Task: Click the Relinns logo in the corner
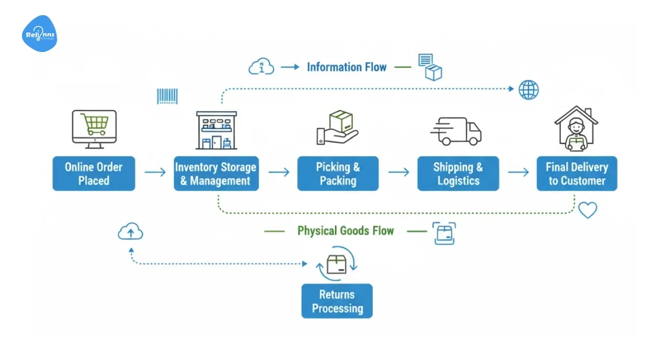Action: (x=39, y=34)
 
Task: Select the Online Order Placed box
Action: (x=94, y=174)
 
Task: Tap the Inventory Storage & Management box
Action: (x=216, y=174)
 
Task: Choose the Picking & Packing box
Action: (x=338, y=174)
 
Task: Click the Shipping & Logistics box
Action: (x=458, y=174)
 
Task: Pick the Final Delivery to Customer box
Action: (x=577, y=174)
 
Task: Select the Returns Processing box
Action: (x=337, y=301)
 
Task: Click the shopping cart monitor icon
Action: (x=94, y=129)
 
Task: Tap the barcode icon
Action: (x=167, y=96)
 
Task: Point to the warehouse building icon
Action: (x=216, y=130)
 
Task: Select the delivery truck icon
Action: (x=456, y=131)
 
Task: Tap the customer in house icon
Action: (x=576, y=129)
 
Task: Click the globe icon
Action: (x=528, y=90)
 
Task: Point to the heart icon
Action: (x=588, y=210)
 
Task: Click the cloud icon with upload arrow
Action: (x=131, y=231)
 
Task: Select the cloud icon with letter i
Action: (x=261, y=67)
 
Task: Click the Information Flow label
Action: (x=347, y=67)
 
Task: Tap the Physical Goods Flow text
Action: (x=345, y=231)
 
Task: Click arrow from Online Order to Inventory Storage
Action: (x=155, y=172)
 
